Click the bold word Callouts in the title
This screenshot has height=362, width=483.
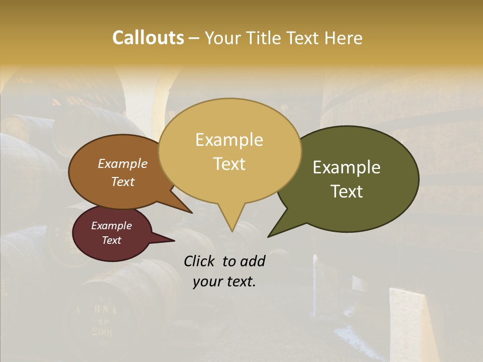click(x=148, y=38)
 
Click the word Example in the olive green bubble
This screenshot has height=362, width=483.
click(x=347, y=167)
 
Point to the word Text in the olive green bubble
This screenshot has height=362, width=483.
click(x=347, y=192)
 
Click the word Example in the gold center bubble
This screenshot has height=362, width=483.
click(x=229, y=140)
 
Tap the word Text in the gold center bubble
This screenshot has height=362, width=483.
click(x=229, y=164)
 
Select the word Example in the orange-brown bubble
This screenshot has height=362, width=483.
click(x=123, y=163)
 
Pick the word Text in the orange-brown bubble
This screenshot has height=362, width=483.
click(x=123, y=182)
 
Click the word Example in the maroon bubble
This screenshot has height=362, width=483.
click(x=111, y=226)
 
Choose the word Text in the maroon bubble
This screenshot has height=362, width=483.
click(x=111, y=240)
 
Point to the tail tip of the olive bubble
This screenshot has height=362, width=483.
click(x=268, y=236)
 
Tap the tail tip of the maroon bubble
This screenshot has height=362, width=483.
click(x=174, y=240)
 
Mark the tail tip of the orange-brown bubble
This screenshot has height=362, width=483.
click(x=192, y=213)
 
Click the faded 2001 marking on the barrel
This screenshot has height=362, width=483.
click(x=102, y=331)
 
